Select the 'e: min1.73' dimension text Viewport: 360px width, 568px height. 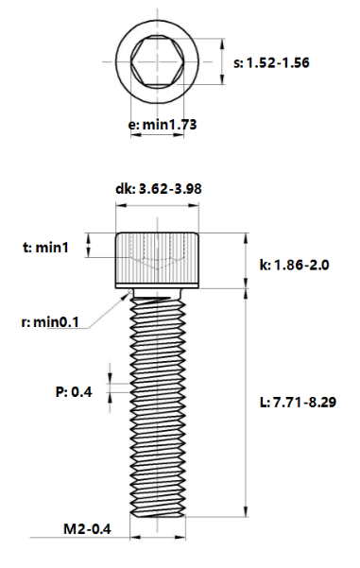[x=159, y=123]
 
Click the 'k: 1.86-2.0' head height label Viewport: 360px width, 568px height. [x=293, y=265]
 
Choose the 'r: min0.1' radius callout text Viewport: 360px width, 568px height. [x=50, y=322]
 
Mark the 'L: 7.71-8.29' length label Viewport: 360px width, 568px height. [x=298, y=402]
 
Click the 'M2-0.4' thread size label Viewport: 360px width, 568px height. [x=88, y=529]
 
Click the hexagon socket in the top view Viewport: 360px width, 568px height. [x=158, y=62]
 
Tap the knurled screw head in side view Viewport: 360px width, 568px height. [x=159, y=257]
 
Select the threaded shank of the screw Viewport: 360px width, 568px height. [x=159, y=406]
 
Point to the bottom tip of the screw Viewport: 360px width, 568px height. [x=159, y=515]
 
